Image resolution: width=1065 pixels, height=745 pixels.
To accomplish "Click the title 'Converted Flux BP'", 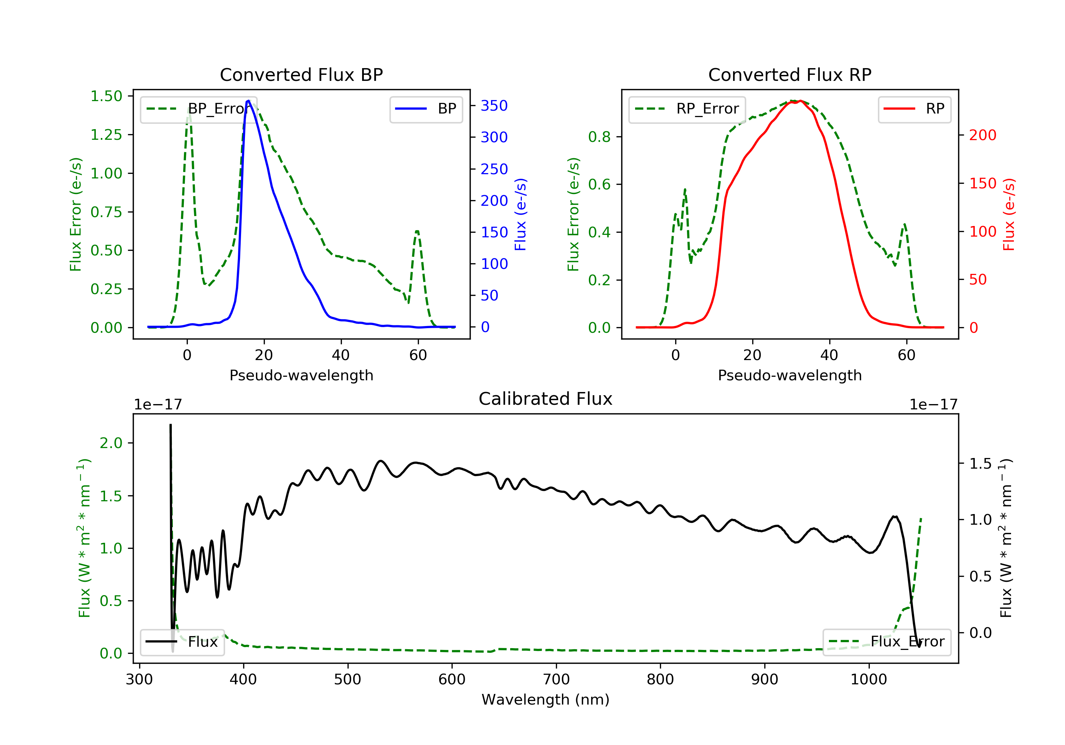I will pos(301,74).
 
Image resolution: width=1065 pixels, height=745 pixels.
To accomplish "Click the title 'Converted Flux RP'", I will pos(790,74).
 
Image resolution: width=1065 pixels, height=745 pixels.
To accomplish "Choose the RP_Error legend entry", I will pos(687,109).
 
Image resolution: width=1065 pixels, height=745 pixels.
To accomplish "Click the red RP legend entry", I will pos(914,109).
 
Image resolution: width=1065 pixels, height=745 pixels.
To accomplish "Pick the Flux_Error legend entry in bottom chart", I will pos(886,642).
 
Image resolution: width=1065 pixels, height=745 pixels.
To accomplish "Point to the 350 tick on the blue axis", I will pos(494,106).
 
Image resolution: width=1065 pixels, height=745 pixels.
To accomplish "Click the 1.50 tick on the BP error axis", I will pos(106,96).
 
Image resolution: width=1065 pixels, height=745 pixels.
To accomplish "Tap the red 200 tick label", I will pos(982,135).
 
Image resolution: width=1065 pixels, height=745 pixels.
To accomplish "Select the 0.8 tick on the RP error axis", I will pos(599,137).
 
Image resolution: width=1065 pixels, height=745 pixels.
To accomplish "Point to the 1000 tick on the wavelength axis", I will pos(868,680).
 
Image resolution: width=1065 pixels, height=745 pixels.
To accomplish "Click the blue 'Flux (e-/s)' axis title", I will pos(520,214).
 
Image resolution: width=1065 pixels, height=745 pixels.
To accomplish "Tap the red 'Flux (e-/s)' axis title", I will pos(1009,214).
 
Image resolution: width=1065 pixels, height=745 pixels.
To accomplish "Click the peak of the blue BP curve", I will pos(248,101).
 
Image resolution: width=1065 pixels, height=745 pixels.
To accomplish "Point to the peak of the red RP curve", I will pos(800,101).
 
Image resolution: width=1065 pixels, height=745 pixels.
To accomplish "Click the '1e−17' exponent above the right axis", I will pos(933,405).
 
